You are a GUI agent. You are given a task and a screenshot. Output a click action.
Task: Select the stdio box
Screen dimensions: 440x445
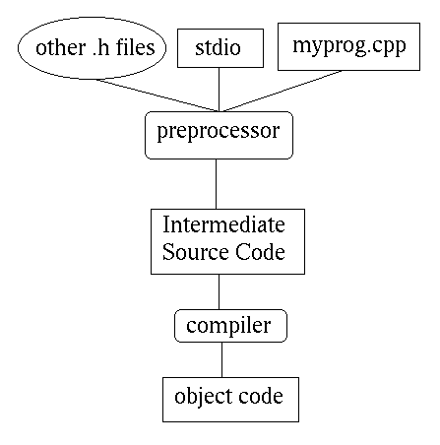(x=220, y=48)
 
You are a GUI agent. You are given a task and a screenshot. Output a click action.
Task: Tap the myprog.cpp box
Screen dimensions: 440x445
(x=348, y=46)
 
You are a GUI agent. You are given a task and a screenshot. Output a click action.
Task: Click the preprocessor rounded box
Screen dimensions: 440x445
(x=219, y=135)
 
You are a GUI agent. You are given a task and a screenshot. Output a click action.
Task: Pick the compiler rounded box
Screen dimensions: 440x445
(x=230, y=326)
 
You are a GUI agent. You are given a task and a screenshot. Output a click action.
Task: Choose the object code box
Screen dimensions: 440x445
(x=230, y=400)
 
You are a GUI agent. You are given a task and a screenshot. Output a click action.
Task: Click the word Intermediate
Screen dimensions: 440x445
(x=223, y=224)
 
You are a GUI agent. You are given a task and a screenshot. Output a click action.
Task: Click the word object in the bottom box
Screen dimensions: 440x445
(x=203, y=397)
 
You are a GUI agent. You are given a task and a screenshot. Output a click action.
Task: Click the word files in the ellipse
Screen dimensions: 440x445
(x=135, y=47)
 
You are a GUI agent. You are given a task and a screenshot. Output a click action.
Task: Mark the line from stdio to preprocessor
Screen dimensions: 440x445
(x=220, y=90)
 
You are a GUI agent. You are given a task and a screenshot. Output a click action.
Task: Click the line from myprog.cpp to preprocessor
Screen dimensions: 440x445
(x=283, y=92)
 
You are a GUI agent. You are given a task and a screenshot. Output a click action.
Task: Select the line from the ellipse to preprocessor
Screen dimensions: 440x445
(x=157, y=95)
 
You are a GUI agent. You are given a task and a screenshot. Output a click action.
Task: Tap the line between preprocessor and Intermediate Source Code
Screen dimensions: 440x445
(x=216, y=184)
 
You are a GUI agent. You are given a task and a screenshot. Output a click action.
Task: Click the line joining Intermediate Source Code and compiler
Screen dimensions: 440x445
(x=219, y=291)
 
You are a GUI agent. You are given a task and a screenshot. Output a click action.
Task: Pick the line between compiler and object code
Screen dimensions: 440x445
(x=221, y=359)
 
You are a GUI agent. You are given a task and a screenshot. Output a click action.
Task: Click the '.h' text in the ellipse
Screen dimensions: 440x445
(x=100, y=47)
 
